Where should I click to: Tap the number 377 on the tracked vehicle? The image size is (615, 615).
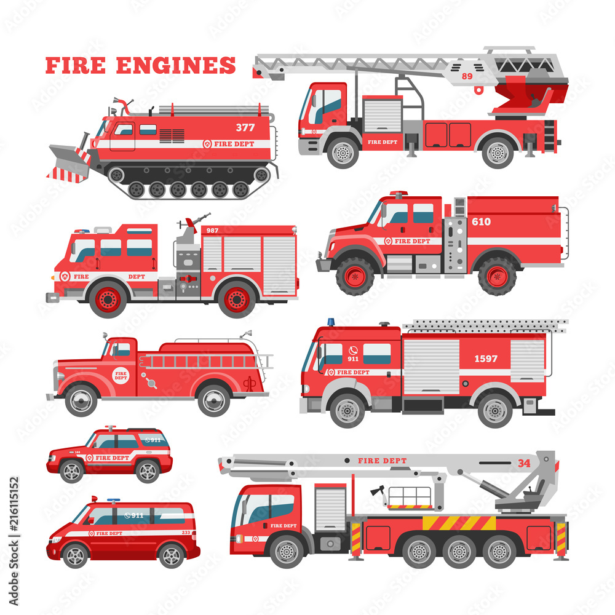[244, 128]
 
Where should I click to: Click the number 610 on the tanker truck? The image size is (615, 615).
[481, 221]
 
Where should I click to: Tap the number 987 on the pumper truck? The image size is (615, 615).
[212, 230]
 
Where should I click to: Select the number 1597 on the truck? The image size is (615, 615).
[485, 359]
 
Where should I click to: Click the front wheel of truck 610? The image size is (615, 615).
[355, 276]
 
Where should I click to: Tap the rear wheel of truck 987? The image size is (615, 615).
[237, 299]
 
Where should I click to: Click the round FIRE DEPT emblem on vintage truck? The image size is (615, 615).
[121, 375]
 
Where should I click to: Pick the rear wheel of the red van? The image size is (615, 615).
[171, 556]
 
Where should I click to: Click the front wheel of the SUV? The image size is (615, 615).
[72, 471]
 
